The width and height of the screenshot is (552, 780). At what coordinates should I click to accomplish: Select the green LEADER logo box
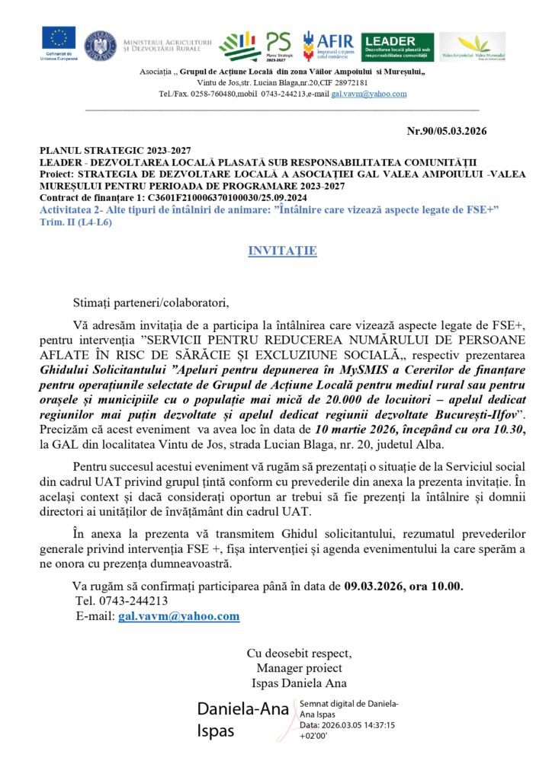(x=397, y=46)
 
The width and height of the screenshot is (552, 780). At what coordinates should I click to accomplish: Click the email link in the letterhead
(x=358, y=94)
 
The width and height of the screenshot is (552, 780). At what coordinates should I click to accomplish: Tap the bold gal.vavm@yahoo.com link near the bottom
(x=179, y=615)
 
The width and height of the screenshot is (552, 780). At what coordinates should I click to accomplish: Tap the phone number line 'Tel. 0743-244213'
(x=122, y=601)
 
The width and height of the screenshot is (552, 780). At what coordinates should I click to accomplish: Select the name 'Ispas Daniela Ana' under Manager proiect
(x=299, y=682)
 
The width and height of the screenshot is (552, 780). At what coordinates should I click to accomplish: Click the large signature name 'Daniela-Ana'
(x=243, y=709)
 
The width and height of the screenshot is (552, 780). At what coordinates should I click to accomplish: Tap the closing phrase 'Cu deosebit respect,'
(x=299, y=654)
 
